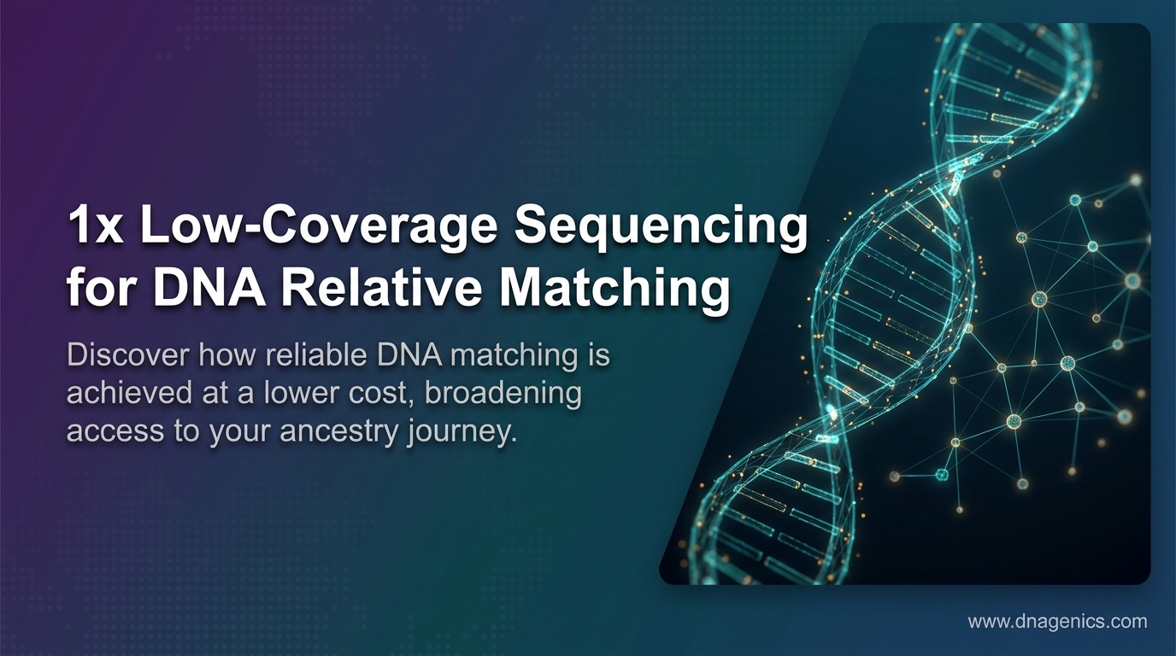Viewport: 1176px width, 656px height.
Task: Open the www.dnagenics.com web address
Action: coord(1056,622)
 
